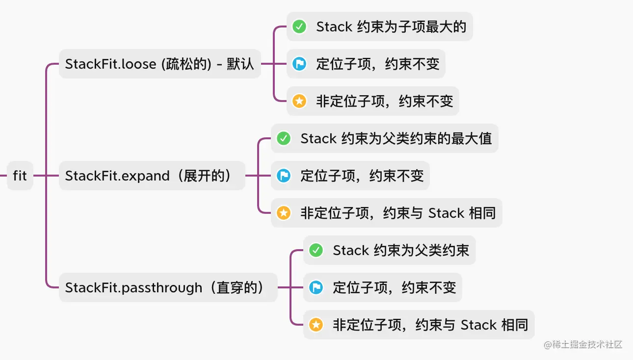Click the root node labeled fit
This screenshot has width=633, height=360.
pyautogui.click(x=20, y=176)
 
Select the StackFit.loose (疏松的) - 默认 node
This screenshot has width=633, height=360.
pyautogui.click(x=159, y=64)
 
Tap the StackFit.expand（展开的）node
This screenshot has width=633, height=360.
pyautogui.click(x=152, y=176)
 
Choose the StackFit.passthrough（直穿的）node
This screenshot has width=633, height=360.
pyautogui.click(x=168, y=287)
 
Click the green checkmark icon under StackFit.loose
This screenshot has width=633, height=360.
pyautogui.click(x=299, y=26)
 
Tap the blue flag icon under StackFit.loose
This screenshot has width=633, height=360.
pyautogui.click(x=299, y=64)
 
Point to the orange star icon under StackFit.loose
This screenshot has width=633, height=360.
pyautogui.click(x=299, y=101)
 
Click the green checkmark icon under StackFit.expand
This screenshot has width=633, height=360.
pyautogui.click(x=284, y=138)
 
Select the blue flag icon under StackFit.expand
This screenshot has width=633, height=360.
pyautogui.click(x=284, y=176)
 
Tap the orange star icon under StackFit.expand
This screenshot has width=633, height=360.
pyautogui.click(x=284, y=213)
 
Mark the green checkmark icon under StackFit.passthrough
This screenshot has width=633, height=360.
pyautogui.click(x=316, y=250)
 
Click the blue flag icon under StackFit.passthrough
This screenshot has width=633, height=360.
pyautogui.click(x=316, y=287)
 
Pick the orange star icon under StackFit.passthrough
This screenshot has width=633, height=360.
pyautogui.click(x=316, y=325)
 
